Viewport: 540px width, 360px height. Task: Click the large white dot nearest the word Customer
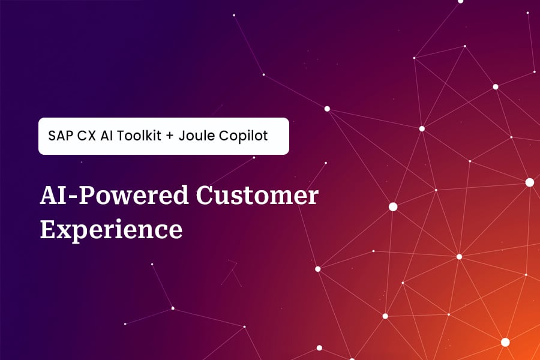(393, 206)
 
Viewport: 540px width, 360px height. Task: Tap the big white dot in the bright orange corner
(505, 342)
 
